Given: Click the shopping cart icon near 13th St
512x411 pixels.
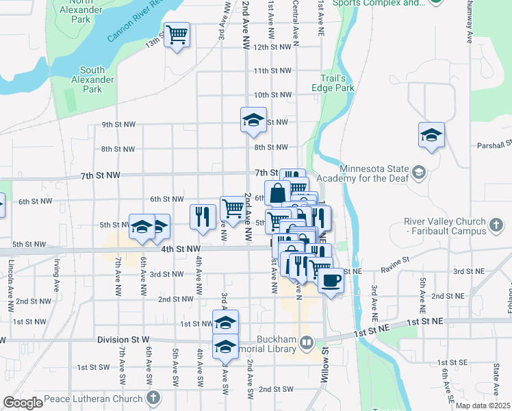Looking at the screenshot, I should [177, 34].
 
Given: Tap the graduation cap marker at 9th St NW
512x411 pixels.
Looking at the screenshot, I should [253, 121].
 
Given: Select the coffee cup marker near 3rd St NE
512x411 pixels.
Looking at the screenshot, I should [331, 281].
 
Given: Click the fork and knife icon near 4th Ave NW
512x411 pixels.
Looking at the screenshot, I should [203, 216].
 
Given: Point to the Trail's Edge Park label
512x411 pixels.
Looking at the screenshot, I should [337, 83].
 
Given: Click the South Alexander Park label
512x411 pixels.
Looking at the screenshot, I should [92, 79].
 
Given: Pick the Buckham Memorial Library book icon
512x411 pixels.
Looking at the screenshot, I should [306, 342].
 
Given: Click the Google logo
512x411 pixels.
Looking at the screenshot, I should [23, 403].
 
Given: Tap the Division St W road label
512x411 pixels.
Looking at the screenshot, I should [123, 340].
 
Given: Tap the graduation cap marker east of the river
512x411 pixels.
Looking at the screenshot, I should [431, 135].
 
